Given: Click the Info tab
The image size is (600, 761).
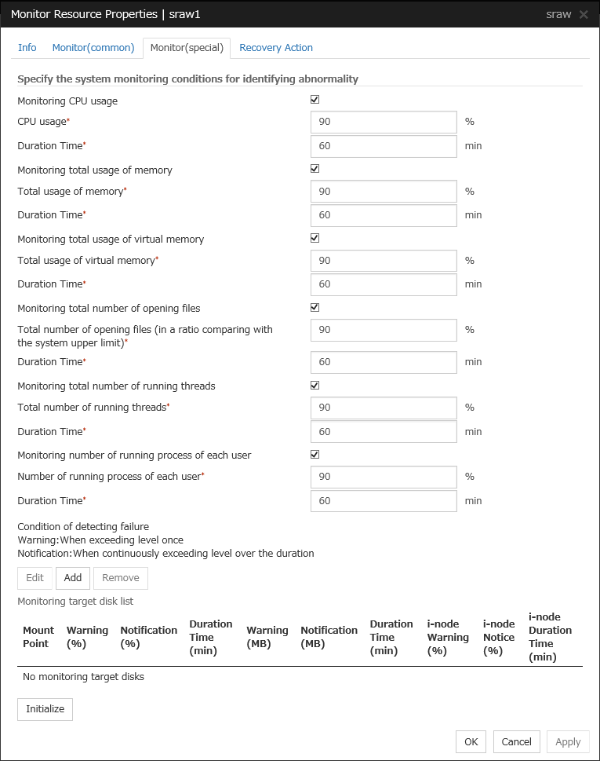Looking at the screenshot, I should pyautogui.click(x=27, y=48).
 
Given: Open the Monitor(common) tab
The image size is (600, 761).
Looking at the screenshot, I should pyautogui.click(x=93, y=48).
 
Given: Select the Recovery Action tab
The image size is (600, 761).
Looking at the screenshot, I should pyautogui.click(x=276, y=48).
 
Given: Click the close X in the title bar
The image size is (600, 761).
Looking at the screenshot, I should pyautogui.click(x=584, y=15).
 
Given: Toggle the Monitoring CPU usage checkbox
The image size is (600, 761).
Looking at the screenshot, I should pyautogui.click(x=315, y=100).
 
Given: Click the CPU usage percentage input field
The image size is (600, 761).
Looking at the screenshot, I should pyautogui.click(x=384, y=123).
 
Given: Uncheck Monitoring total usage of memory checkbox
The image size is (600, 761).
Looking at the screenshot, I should pyautogui.click(x=315, y=169).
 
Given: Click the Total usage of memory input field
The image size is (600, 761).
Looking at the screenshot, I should pyautogui.click(x=384, y=192).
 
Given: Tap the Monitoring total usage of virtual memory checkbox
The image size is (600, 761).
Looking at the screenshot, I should pyautogui.click(x=315, y=238).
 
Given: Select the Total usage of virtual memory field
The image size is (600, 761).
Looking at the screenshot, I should pyautogui.click(x=384, y=261).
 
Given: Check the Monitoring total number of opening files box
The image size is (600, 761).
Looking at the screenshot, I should pyautogui.click(x=315, y=307).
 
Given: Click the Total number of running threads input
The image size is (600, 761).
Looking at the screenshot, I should pyautogui.click(x=384, y=408).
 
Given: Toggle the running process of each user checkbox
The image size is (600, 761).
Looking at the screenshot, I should pyautogui.click(x=315, y=454).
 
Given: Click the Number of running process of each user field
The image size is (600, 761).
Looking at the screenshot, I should pyautogui.click(x=384, y=477).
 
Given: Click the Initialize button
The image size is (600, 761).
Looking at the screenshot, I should pyautogui.click(x=45, y=709).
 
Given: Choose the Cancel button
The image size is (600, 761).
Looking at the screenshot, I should pyautogui.click(x=516, y=741).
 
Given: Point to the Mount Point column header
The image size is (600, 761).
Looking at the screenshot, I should pyautogui.click(x=38, y=637).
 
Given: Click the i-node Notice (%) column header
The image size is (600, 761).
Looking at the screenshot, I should pyautogui.click(x=499, y=637).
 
